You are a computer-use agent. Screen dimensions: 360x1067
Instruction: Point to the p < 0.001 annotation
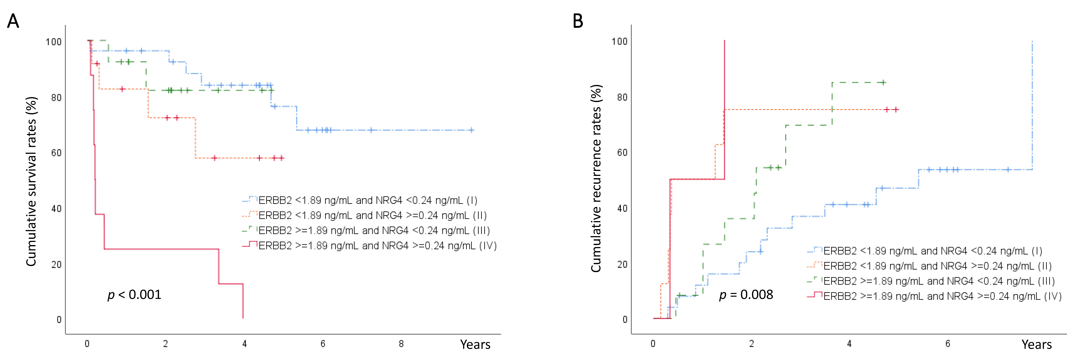coord(134,295)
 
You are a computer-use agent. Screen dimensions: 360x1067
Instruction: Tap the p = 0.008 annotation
coord(746,295)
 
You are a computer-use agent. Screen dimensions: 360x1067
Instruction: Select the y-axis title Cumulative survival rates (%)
coord(32,181)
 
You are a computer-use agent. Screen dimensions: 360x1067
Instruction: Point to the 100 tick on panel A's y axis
coord(53,42)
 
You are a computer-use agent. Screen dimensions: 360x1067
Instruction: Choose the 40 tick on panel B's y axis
coord(622,208)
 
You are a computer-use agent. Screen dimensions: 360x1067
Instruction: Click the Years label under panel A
coord(475,344)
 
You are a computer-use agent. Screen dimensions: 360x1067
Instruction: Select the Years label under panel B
coord(1036,344)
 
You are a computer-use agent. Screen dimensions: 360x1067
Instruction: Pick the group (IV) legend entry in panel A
coord(377,246)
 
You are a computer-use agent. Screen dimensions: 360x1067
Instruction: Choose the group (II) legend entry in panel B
coord(937,266)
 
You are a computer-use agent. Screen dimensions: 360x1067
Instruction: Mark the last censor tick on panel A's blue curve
coord(471,130)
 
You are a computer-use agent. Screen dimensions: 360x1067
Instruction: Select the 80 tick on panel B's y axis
coord(622,97)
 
